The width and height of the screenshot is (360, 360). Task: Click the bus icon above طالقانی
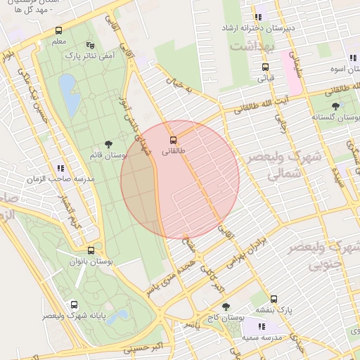(x=174, y=139)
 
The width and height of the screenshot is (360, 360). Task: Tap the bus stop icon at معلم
(x=58, y=31)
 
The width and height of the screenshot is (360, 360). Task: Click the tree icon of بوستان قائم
(x=108, y=142)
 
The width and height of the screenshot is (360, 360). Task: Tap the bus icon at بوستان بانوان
(x=91, y=250)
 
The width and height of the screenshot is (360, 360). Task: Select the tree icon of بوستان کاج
(x=226, y=307)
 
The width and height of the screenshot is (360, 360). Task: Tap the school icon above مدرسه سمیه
(x=262, y=326)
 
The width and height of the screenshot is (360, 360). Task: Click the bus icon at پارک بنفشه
(x=274, y=298)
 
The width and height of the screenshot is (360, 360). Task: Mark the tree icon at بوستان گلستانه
(x=335, y=105)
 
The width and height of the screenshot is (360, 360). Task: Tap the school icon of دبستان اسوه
(x=351, y=58)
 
